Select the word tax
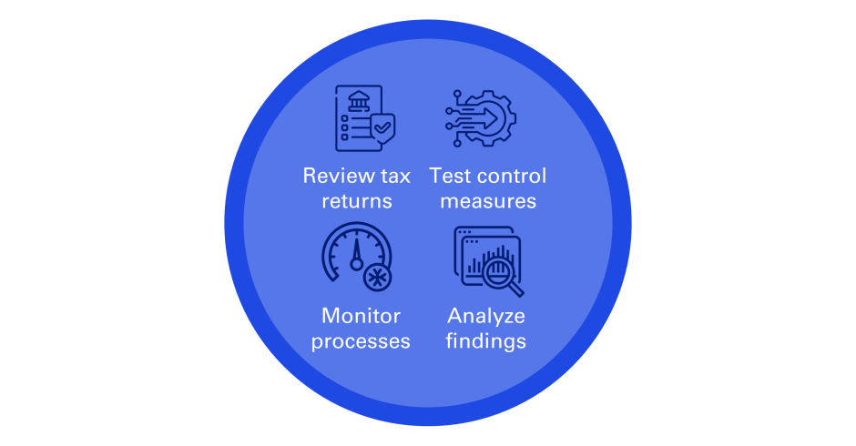click(x=392, y=176)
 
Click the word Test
click(x=448, y=176)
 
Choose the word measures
click(x=487, y=200)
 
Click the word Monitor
click(x=362, y=317)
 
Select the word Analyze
click(x=486, y=317)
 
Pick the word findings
click(x=486, y=342)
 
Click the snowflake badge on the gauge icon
click(x=376, y=277)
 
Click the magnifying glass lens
click(x=497, y=269)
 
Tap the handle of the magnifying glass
click(x=516, y=290)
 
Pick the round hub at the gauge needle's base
click(x=357, y=264)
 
